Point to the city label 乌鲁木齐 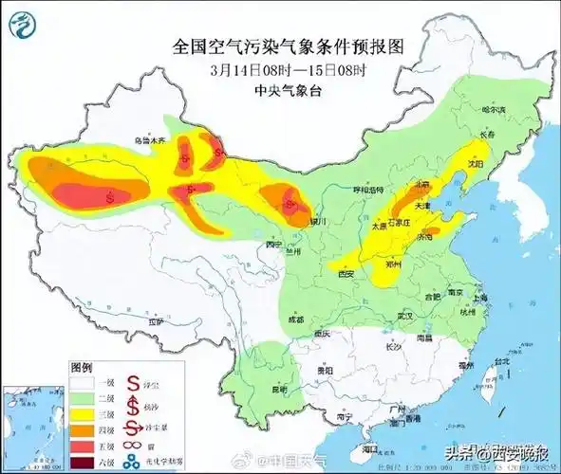[x=149, y=140]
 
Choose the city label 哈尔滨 [x=495, y=110]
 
